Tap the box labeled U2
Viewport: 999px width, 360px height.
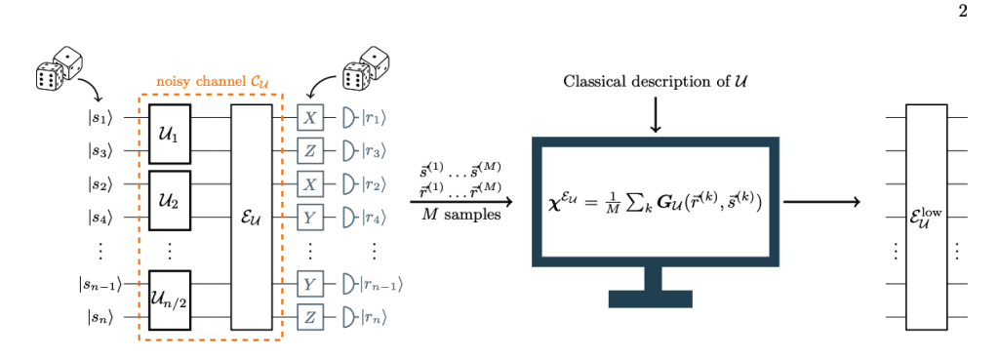click(x=169, y=200)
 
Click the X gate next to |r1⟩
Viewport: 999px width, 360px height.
click(x=310, y=117)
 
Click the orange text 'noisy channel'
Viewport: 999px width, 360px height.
click(x=199, y=82)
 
